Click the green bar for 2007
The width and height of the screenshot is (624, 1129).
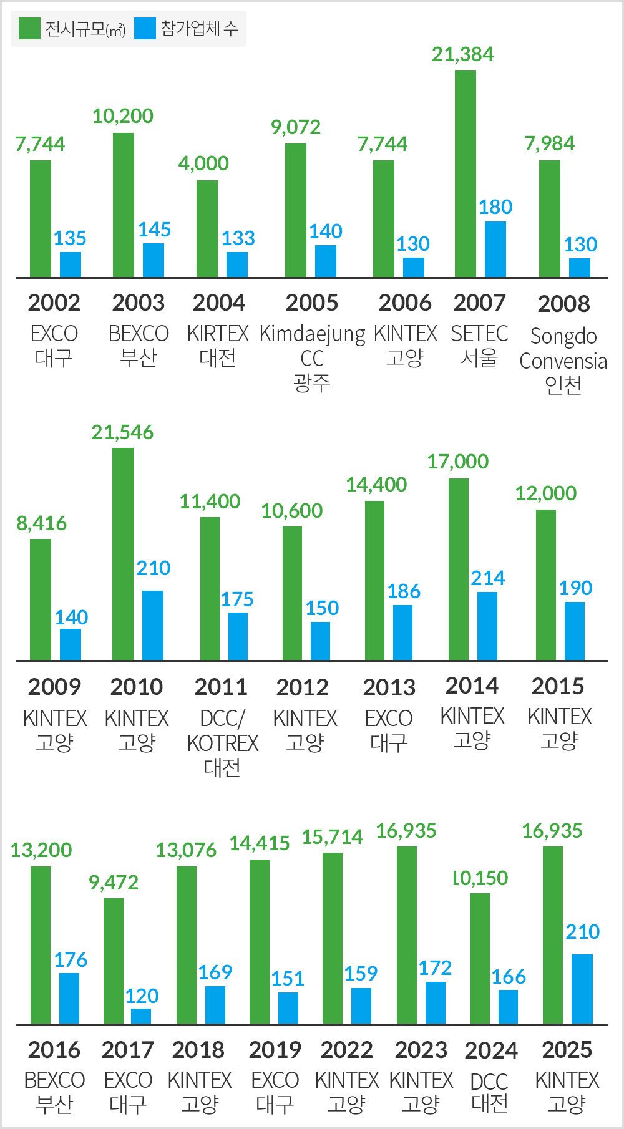(x=465, y=174)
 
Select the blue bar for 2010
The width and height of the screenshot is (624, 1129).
(x=153, y=625)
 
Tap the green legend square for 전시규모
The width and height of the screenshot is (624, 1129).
(x=29, y=29)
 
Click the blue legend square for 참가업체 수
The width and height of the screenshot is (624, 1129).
(x=145, y=29)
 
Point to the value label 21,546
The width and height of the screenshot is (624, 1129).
(x=122, y=432)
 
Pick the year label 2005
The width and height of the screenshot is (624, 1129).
(x=312, y=303)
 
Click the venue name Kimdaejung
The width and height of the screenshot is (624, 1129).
(x=312, y=334)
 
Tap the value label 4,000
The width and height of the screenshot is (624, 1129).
(x=203, y=163)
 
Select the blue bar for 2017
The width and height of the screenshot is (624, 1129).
(x=141, y=1016)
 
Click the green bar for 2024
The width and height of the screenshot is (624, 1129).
(x=480, y=959)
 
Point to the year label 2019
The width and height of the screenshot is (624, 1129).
(x=275, y=1050)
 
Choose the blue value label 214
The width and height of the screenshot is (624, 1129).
(x=487, y=578)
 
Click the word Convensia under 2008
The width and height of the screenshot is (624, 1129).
(x=563, y=361)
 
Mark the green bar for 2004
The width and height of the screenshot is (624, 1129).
(x=207, y=229)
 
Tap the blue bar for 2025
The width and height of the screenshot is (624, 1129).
(x=582, y=989)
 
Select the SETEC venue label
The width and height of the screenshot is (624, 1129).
(x=479, y=334)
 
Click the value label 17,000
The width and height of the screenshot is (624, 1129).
(x=457, y=462)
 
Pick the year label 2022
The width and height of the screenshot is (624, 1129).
(x=346, y=1050)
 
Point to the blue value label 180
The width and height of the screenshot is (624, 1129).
(x=495, y=207)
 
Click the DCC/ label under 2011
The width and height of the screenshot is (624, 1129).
(x=222, y=719)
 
